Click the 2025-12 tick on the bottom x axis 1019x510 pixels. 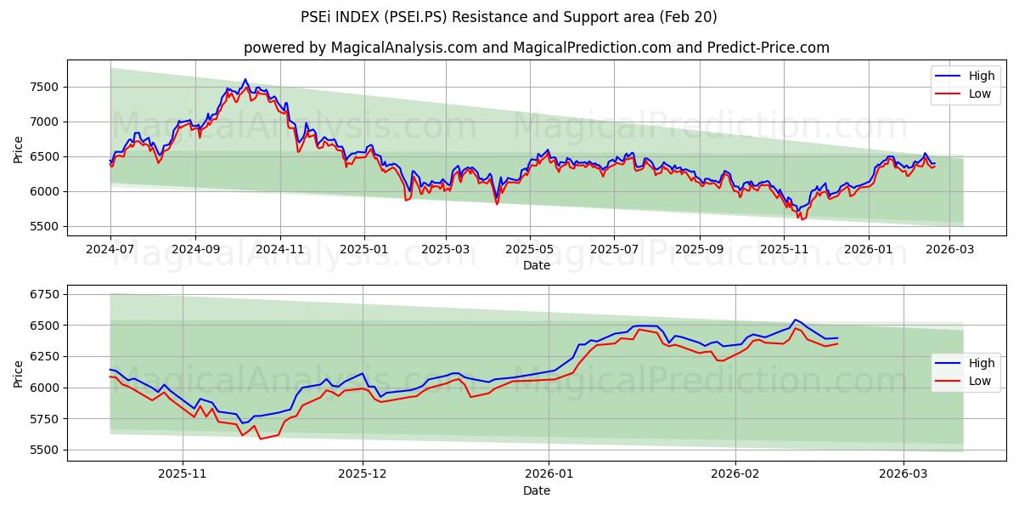point(363,473)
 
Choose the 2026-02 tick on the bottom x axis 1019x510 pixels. point(735,473)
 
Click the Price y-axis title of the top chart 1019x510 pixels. point(19,150)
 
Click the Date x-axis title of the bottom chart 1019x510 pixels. point(536,490)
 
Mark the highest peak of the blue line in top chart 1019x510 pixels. point(245,79)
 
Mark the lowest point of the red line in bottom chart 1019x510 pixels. point(260,439)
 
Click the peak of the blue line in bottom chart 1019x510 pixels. point(795,320)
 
